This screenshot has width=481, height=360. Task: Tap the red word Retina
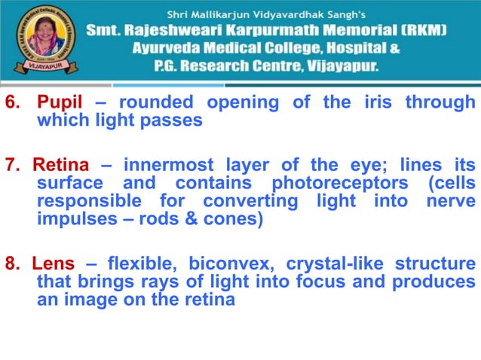click(x=60, y=165)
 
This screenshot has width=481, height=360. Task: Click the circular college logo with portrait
click(x=38, y=38)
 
